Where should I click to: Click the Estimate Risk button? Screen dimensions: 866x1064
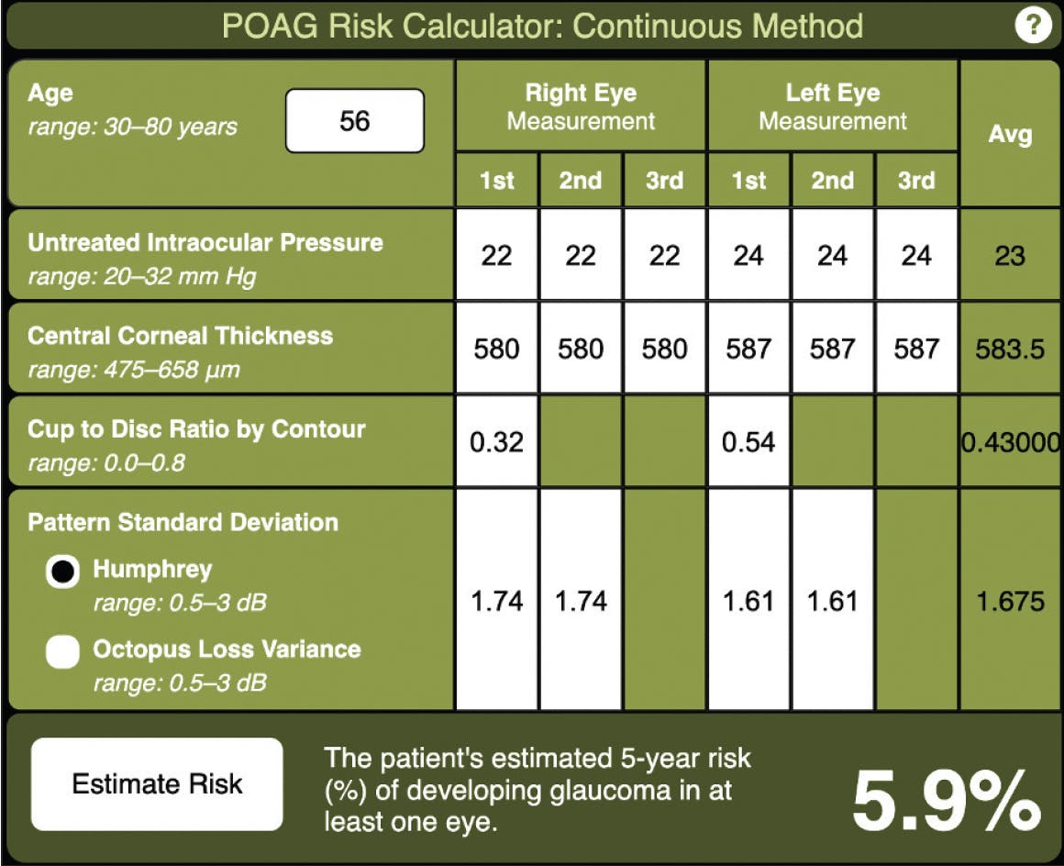(157, 784)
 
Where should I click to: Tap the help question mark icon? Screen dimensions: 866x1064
(1033, 26)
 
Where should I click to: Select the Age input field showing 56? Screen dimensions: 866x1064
(355, 120)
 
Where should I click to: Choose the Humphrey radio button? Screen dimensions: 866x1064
(63, 572)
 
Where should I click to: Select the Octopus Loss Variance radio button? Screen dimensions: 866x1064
(63, 652)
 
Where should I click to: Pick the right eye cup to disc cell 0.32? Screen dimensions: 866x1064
(496, 441)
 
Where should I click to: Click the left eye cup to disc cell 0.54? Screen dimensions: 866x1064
(748, 441)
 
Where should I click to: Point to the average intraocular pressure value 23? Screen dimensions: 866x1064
(1009, 255)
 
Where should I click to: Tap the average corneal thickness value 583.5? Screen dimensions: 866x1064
(1009, 349)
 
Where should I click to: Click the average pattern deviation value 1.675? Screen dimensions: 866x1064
(1009, 602)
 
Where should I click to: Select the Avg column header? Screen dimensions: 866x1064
(1009, 135)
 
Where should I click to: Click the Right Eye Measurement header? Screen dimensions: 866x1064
(581, 106)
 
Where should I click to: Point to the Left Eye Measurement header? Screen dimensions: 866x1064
(832, 106)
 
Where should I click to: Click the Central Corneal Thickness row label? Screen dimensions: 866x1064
(181, 336)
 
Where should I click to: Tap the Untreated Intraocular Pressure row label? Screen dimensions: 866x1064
(205, 243)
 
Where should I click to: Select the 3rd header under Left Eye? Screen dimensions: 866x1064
(915, 180)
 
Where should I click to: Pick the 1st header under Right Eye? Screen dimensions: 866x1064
(496, 180)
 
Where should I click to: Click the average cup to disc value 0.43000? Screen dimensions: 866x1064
(1009, 442)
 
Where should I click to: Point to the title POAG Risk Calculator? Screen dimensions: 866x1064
(542, 26)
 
